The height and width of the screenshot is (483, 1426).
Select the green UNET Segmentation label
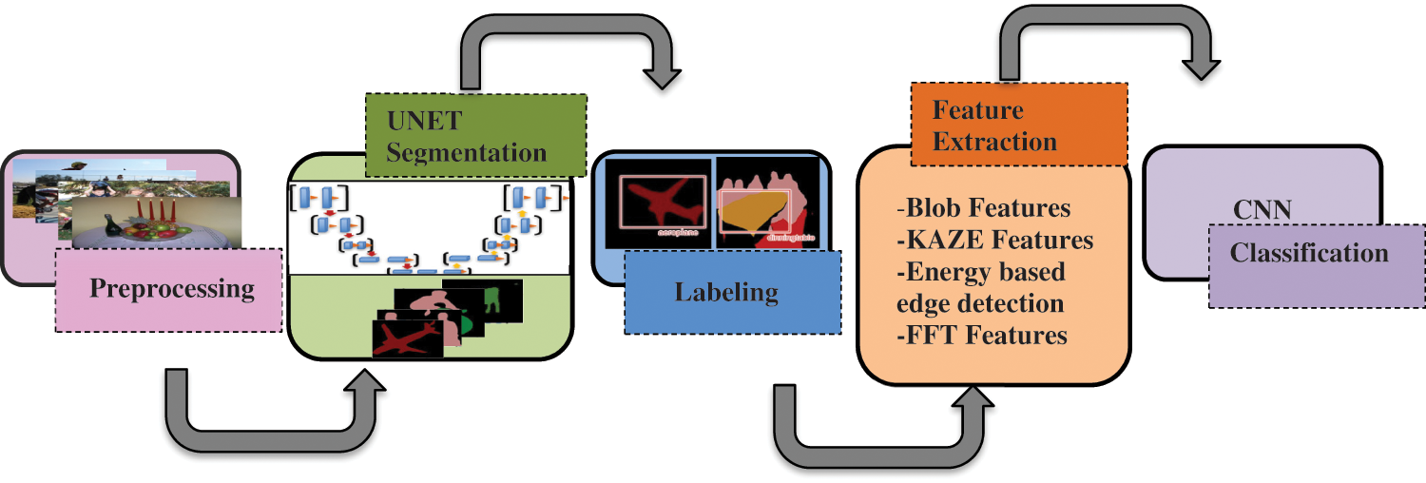coord(475,136)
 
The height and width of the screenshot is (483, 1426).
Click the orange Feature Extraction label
coord(1018,126)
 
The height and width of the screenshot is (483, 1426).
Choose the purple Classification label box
coord(1316,265)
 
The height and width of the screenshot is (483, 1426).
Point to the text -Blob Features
coord(983,208)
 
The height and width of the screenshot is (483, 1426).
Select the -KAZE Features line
coord(994,241)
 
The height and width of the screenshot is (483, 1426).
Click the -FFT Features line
coord(981,336)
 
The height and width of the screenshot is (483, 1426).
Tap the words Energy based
coord(981,272)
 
